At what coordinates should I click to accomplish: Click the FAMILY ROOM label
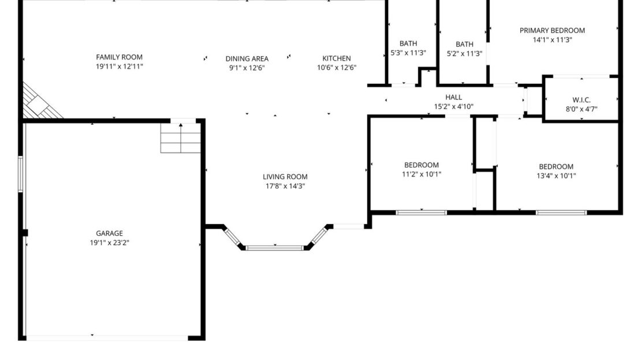pyautogui.click(x=119, y=57)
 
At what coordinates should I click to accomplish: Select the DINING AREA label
pyautogui.click(x=247, y=58)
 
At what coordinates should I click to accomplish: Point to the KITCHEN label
pyautogui.click(x=336, y=58)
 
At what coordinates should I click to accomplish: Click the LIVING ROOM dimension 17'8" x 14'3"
pyautogui.click(x=285, y=186)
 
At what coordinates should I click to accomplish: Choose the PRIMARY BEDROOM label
pyautogui.click(x=551, y=31)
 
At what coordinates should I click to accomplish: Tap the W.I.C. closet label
pyautogui.click(x=581, y=100)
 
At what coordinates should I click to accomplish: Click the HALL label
pyautogui.click(x=453, y=97)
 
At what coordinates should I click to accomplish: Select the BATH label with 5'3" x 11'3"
pyautogui.click(x=408, y=43)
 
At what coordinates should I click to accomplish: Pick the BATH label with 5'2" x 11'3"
pyautogui.click(x=464, y=44)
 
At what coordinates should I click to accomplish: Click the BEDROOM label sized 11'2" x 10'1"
pyautogui.click(x=421, y=165)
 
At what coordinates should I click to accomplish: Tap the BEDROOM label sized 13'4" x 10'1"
pyautogui.click(x=556, y=166)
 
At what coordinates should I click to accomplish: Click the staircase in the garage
pyautogui.click(x=180, y=139)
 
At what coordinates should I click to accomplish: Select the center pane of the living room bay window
pyautogui.click(x=274, y=248)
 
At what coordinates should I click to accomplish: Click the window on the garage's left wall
pyautogui.click(x=20, y=173)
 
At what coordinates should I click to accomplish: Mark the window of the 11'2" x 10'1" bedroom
pyautogui.click(x=421, y=213)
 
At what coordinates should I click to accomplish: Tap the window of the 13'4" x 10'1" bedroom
pyautogui.click(x=561, y=213)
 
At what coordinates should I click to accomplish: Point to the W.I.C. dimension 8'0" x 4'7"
pyautogui.click(x=581, y=109)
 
